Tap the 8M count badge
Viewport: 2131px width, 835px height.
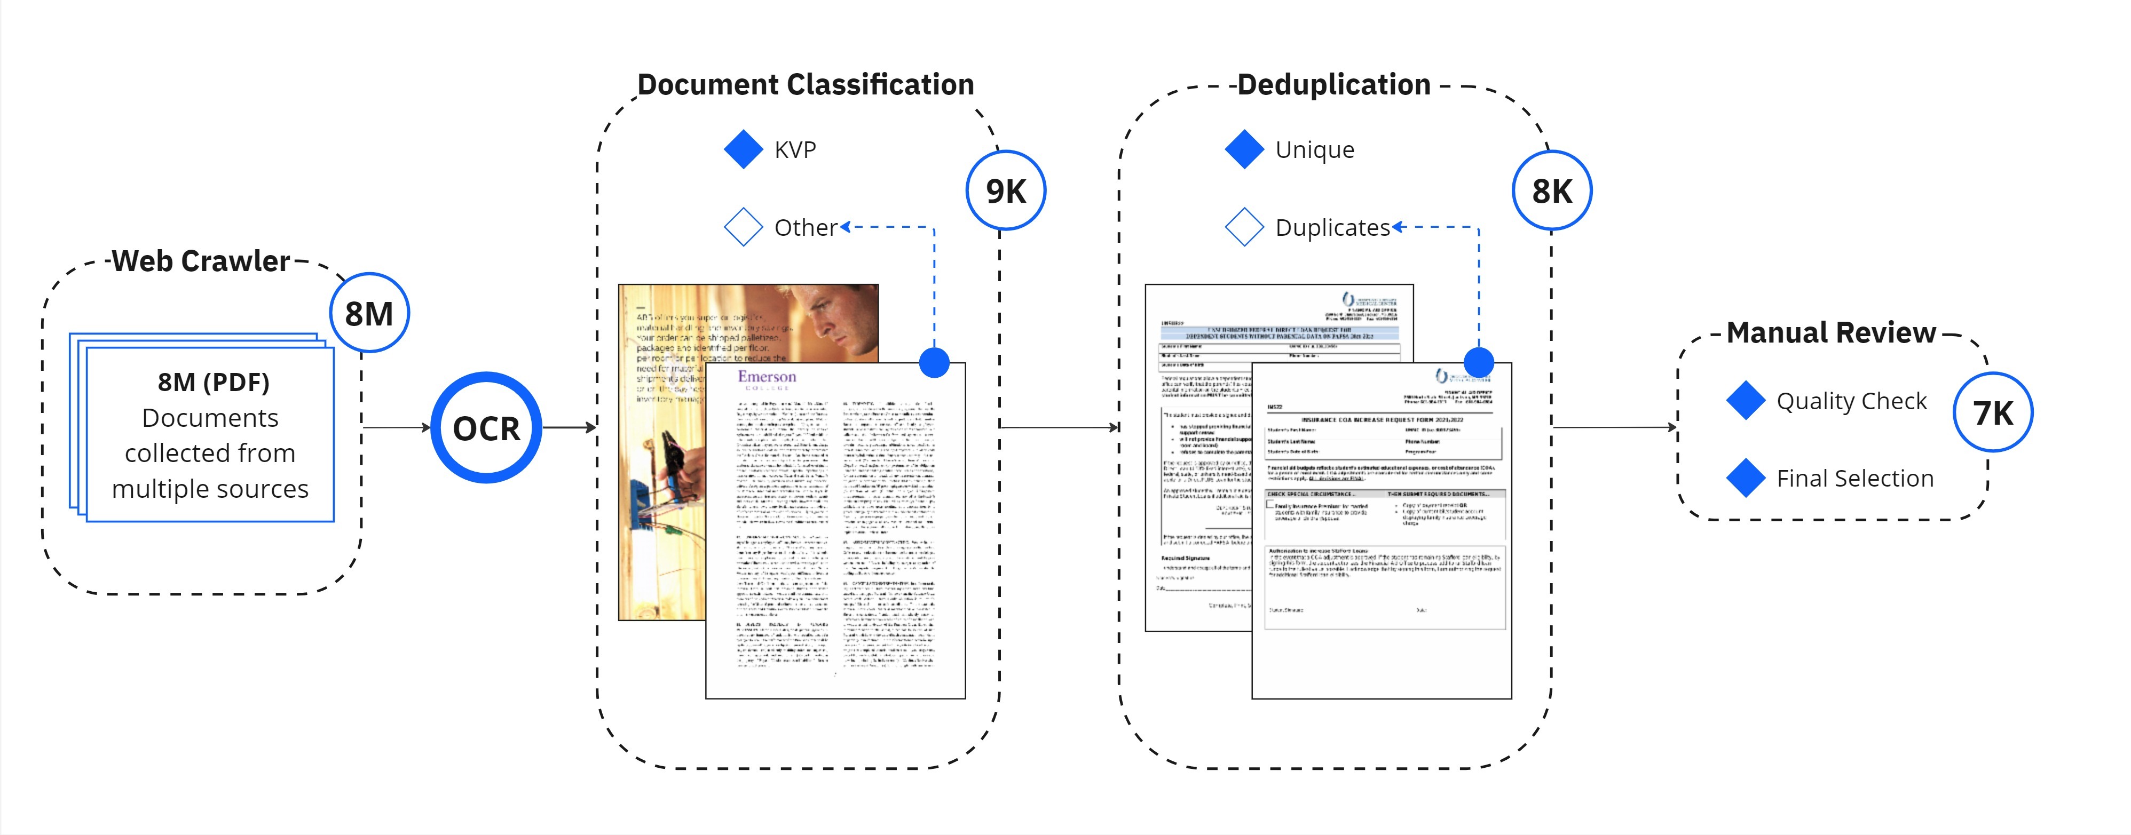(369, 313)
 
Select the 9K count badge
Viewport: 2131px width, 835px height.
(1005, 191)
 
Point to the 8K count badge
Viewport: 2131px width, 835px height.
(1551, 191)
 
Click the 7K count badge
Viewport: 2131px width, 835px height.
(1992, 412)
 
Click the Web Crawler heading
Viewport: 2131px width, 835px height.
(201, 261)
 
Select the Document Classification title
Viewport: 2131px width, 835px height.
(805, 84)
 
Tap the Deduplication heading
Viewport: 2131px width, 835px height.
(1333, 84)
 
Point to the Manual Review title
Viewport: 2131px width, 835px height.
(1830, 332)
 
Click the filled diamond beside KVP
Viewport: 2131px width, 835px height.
(743, 149)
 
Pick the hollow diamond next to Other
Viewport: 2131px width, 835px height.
(743, 227)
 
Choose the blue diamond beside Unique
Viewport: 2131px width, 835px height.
(1244, 149)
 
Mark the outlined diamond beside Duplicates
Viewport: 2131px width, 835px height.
(1244, 227)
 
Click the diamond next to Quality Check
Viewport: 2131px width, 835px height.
(1746, 401)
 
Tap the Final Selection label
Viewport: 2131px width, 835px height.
(1854, 479)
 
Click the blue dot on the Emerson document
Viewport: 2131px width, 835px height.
(934, 362)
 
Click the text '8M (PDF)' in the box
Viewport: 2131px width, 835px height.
(214, 382)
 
